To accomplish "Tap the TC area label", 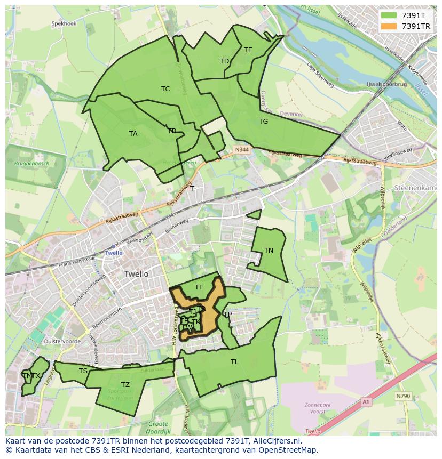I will pos(165,89).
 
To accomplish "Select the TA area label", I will pos(133,134).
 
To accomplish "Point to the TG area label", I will pos(263,122).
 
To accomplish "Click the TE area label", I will pos(248,50).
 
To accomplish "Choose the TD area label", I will pos(224,61).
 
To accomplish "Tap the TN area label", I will pos(269,251).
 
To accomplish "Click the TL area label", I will pos(234,362).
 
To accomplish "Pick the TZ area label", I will pos(125,385).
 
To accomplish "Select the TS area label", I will pos(83,371).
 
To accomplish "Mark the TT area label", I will pos(199,287).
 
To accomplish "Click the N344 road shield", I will pos(242,151).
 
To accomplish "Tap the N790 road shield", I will pos(403,396).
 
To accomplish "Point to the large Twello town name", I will pos(136,274).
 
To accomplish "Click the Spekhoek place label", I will pos(64,24).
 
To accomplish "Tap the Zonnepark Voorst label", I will pos(319,408).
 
